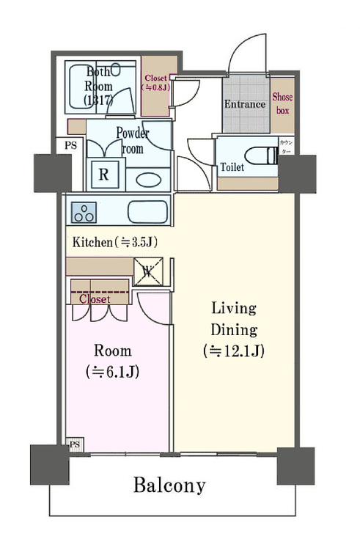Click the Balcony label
tap(169, 485)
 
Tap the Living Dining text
tap(234, 318)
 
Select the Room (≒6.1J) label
tap(112, 361)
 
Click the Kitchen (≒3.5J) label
tap(115, 241)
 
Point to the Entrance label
tap(244, 104)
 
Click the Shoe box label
tap(282, 103)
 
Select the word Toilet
tap(232, 167)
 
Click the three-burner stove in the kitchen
tap(84, 212)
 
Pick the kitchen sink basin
tap(147, 212)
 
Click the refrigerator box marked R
tap(104, 175)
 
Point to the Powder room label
tap(133, 141)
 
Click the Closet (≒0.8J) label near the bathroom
tap(155, 82)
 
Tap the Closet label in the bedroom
tap(94, 299)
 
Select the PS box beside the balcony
tap(74, 445)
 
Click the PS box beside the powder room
tap(70, 145)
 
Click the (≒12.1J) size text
tap(233, 351)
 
